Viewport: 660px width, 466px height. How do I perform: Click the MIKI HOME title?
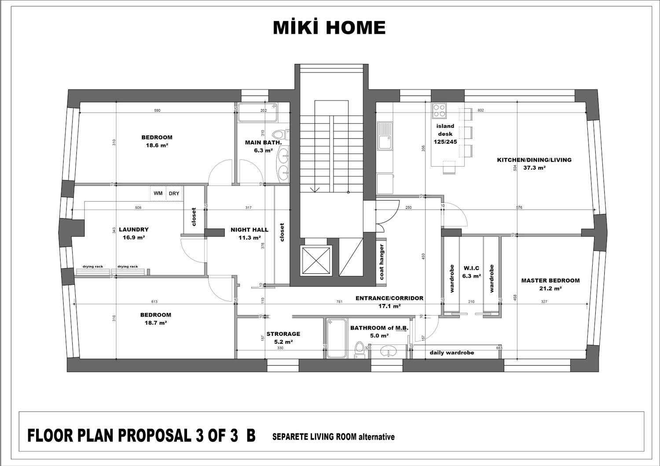coord(329,28)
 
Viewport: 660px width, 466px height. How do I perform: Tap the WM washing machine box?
coord(158,193)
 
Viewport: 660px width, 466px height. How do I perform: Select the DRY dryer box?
coord(174,193)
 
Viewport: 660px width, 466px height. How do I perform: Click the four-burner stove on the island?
coord(439,111)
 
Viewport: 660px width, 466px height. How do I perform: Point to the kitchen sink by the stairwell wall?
coord(385,136)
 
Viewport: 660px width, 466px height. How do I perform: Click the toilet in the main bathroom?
coord(280,135)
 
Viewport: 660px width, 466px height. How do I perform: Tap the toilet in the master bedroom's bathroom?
coord(359,350)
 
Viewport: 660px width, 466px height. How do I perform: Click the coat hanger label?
coord(382,262)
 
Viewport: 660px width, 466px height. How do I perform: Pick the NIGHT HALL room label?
coord(249,230)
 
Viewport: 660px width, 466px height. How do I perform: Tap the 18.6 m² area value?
coord(157,145)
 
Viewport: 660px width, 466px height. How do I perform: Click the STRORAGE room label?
coord(283,334)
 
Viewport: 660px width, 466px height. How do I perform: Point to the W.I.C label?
coord(471,268)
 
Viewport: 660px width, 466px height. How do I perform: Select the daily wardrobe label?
coord(452,353)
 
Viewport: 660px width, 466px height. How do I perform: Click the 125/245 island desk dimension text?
coord(445,142)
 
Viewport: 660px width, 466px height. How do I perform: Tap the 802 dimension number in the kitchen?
coord(480,110)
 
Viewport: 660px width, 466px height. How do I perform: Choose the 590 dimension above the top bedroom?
coord(158,110)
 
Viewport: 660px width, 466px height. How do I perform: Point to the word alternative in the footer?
coord(376,437)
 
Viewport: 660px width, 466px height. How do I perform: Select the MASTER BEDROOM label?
coord(550,280)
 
